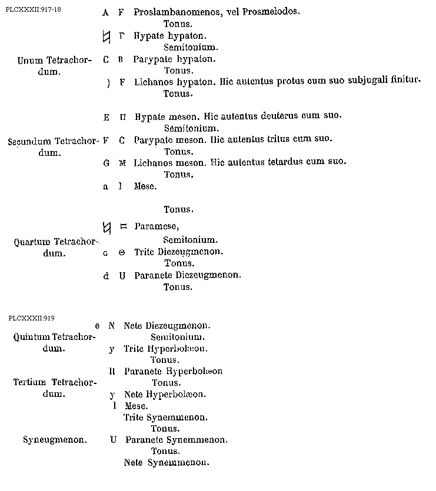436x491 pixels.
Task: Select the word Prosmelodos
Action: (272, 12)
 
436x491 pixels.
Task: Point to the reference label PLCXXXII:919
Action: (32, 318)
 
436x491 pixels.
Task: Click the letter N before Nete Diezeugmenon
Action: (111, 325)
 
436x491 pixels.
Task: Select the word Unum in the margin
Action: (29, 60)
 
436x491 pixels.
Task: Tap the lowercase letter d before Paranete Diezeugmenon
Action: (106, 275)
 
